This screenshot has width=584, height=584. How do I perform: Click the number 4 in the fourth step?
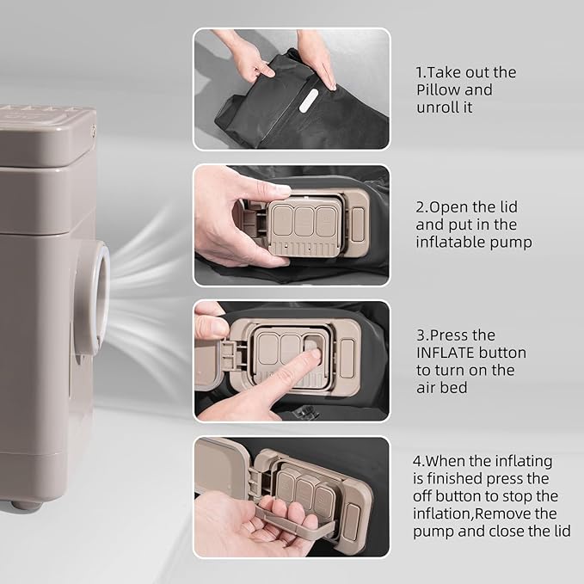[x=417, y=462]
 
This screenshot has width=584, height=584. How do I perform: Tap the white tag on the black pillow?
[x=309, y=100]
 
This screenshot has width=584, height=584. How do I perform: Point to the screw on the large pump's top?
[x=93, y=131]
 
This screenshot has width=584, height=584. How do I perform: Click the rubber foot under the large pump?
[x=26, y=505]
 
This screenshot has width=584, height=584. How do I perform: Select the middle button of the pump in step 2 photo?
[x=304, y=221]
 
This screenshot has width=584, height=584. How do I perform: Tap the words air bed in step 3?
[x=442, y=388]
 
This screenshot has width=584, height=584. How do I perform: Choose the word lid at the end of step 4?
[x=561, y=532]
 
